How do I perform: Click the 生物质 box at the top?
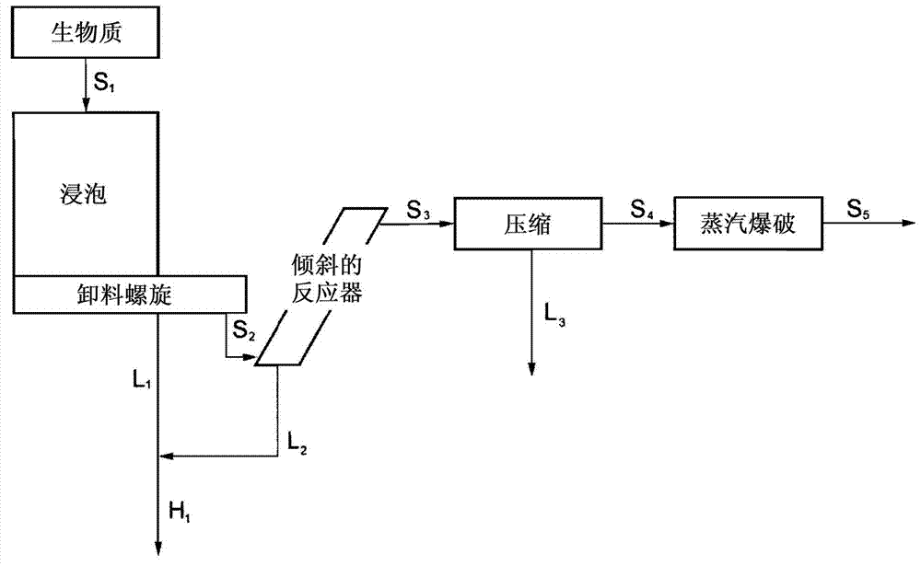tap(86, 35)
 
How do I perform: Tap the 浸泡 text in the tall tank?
tap(85, 197)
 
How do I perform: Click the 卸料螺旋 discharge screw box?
tap(129, 294)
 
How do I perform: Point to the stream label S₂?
tap(242, 329)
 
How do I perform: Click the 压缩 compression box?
tap(529, 224)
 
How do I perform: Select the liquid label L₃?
tap(555, 317)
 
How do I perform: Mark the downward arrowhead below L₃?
tap(531, 369)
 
